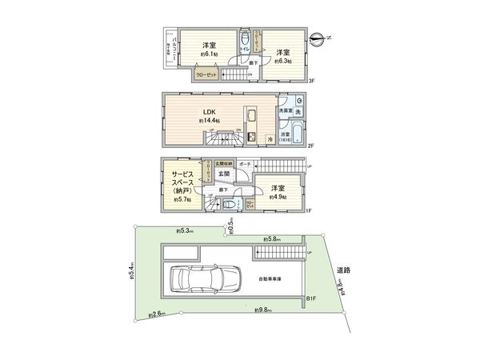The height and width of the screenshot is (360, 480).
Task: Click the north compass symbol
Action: point(319,37)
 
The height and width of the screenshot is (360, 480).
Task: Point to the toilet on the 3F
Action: point(244,40)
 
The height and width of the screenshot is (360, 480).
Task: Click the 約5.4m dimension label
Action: point(130,274)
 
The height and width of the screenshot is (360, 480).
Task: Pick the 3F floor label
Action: point(313,81)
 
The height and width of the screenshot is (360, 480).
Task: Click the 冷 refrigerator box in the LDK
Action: point(270,138)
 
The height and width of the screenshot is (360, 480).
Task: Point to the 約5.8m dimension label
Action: point(270,238)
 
